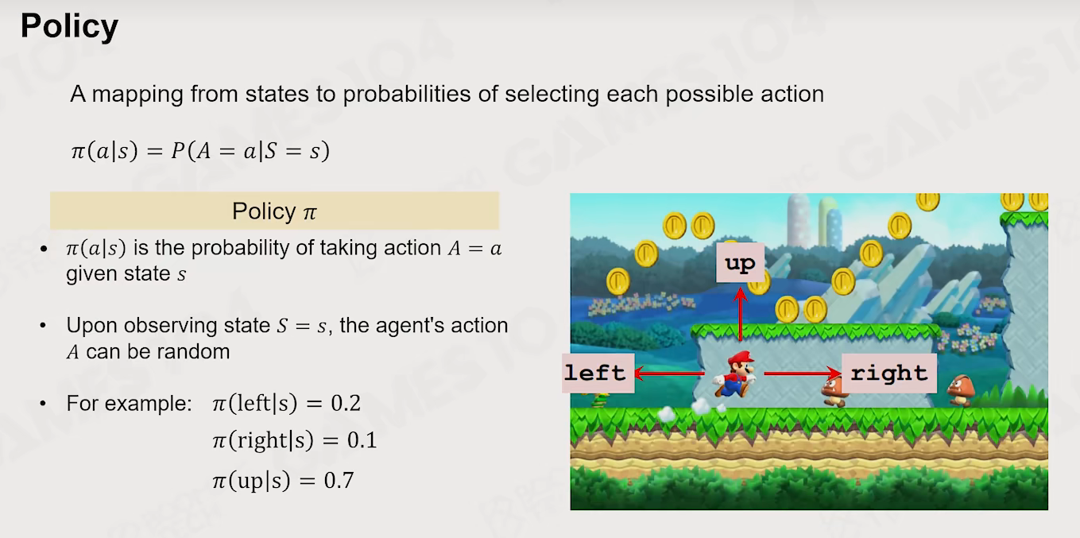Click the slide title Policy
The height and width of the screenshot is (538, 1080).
pyautogui.click(x=69, y=27)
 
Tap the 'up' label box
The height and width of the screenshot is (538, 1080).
pyautogui.click(x=740, y=263)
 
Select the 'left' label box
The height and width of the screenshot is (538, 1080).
pyautogui.click(x=598, y=374)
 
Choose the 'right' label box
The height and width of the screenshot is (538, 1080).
pyautogui.click(x=889, y=374)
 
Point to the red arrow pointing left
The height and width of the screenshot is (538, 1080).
pyautogui.click(x=669, y=374)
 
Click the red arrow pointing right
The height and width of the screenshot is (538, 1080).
pyautogui.click(x=803, y=374)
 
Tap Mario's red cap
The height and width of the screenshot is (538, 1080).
pyautogui.click(x=741, y=358)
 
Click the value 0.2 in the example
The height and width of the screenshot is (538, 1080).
pyautogui.click(x=345, y=403)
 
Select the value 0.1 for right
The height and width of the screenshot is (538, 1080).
pyautogui.click(x=362, y=440)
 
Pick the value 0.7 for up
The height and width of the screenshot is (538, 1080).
pyautogui.click(x=339, y=480)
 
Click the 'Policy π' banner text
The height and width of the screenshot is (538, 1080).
pyautogui.click(x=274, y=211)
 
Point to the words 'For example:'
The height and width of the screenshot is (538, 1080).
pyautogui.click(x=130, y=403)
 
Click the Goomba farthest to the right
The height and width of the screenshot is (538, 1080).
pyautogui.click(x=961, y=390)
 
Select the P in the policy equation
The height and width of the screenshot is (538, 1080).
pyautogui.click(x=178, y=151)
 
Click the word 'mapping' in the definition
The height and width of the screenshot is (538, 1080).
pyautogui.click(x=137, y=95)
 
